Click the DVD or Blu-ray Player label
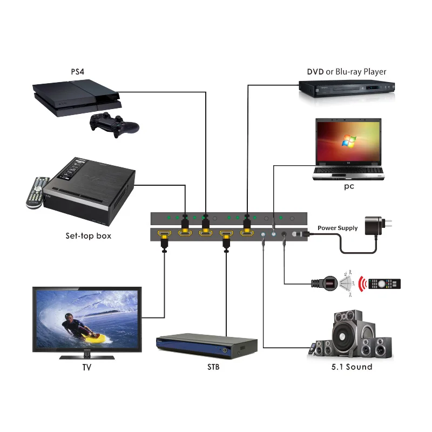(x=346, y=71)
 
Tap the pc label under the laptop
(x=349, y=186)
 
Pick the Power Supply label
(x=337, y=228)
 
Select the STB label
(x=213, y=368)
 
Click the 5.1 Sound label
(x=351, y=367)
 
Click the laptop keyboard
(x=349, y=171)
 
